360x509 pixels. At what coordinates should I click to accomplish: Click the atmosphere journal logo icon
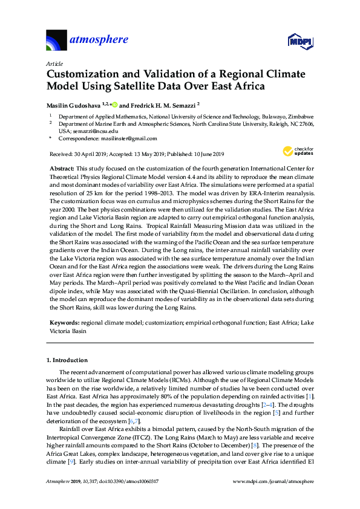tap(57, 41)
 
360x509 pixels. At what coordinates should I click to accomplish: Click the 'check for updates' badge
tap(296, 151)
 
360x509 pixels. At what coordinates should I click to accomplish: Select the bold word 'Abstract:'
tap(61, 167)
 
